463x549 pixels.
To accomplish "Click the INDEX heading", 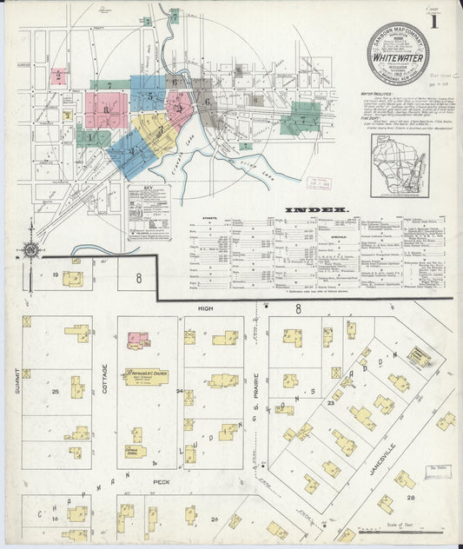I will point(316,208).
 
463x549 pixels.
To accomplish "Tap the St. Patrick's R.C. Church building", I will point(145,376).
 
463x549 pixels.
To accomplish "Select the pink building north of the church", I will point(138,340).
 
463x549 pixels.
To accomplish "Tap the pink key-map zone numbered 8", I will point(106,109).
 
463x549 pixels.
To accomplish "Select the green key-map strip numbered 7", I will point(109,86).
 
